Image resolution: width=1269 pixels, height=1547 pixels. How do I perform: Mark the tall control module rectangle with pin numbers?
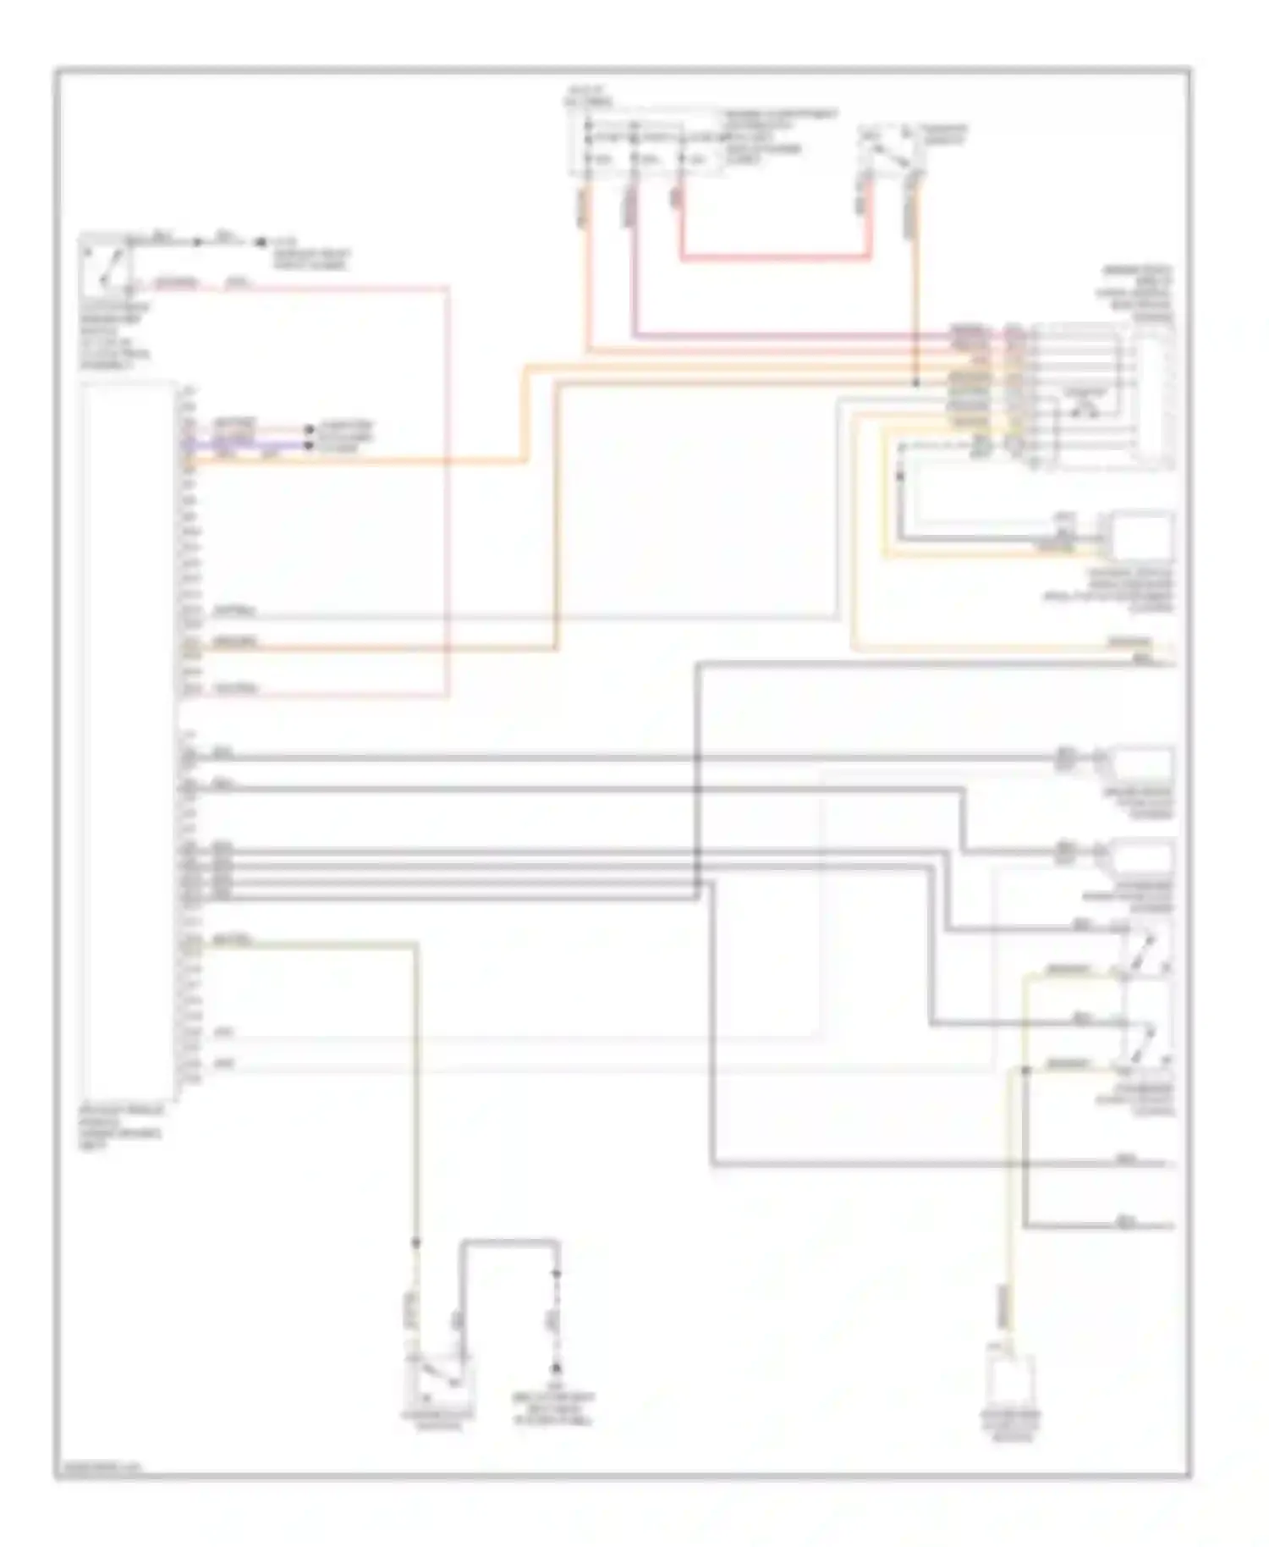point(127,736)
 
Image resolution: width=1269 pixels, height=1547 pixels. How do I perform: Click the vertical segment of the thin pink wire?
point(448,491)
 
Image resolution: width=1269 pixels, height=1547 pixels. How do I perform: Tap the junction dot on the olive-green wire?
point(415,1242)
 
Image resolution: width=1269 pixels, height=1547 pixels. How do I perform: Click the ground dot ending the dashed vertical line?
point(557,1368)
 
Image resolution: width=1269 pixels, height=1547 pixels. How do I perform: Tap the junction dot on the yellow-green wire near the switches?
point(1025,1071)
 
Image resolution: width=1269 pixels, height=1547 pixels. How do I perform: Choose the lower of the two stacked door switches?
point(1147,1041)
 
